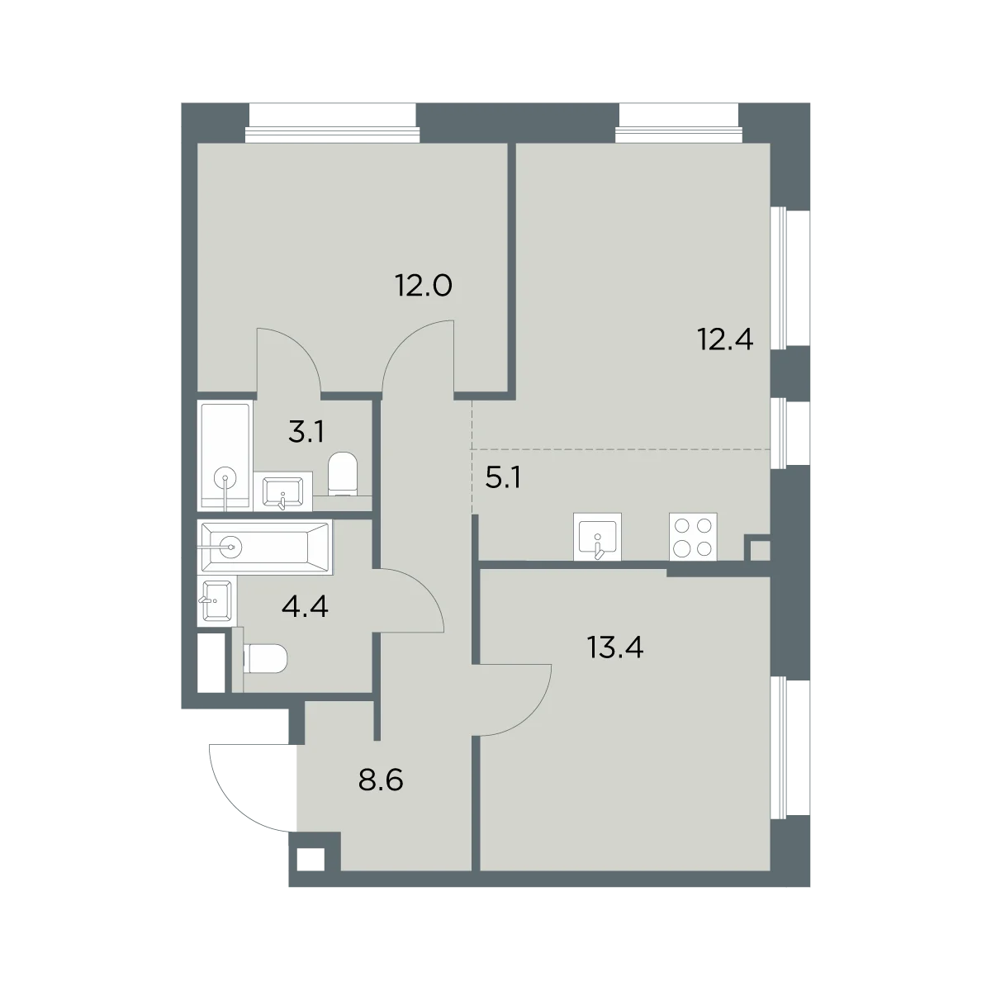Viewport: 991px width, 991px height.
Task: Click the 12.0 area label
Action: click(x=424, y=286)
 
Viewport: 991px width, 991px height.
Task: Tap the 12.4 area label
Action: click(x=725, y=339)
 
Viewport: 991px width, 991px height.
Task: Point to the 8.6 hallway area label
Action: click(x=381, y=780)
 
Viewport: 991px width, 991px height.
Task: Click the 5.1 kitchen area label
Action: click(x=503, y=478)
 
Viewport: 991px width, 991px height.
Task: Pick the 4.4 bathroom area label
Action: click(x=305, y=607)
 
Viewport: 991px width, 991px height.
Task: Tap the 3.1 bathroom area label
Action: click(x=306, y=432)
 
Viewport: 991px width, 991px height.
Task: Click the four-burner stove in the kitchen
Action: click(x=693, y=537)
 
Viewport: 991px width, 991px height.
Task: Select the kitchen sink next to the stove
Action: click(x=597, y=537)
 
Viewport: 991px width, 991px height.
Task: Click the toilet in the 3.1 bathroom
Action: click(x=342, y=474)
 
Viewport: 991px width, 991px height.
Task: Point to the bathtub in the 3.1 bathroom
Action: click(x=225, y=456)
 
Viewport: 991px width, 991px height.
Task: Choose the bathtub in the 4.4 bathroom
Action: click(x=265, y=547)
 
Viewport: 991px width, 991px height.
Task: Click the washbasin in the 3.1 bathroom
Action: click(x=282, y=491)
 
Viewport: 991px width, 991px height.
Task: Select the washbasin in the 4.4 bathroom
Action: click(x=217, y=600)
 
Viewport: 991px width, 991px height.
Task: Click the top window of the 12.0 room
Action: click(x=332, y=123)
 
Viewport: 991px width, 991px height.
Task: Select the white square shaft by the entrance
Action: click(x=311, y=859)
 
